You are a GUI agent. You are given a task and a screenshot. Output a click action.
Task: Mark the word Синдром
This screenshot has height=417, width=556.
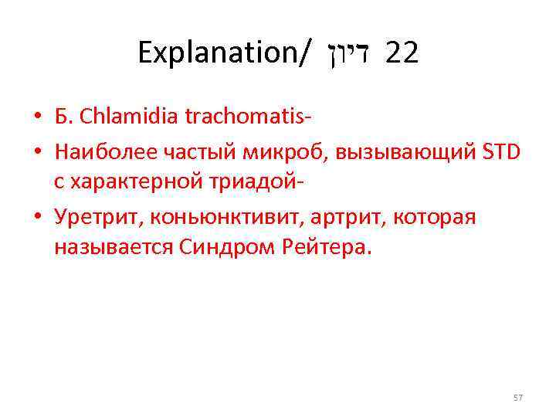click(225, 249)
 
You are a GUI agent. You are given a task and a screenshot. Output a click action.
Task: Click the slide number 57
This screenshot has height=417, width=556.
click(517, 397)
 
